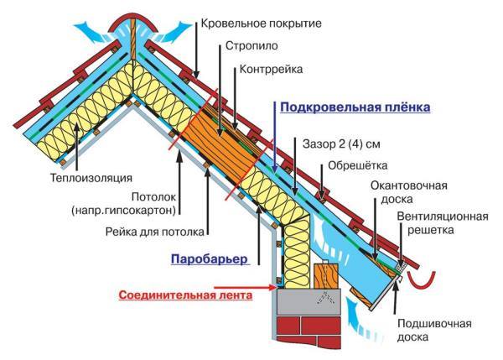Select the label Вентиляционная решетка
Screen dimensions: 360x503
click(442, 222)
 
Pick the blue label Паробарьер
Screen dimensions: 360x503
click(210, 259)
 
